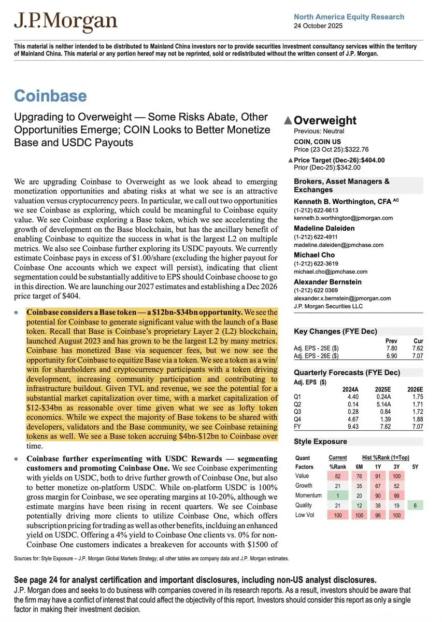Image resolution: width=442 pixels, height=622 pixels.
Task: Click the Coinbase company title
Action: click(x=50, y=96)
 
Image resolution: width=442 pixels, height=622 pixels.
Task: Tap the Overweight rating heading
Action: click(x=325, y=120)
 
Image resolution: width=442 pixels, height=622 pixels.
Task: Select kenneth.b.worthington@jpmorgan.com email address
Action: click(x=344, y=218)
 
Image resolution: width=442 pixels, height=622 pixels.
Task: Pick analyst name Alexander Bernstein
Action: click(x=327, y=281)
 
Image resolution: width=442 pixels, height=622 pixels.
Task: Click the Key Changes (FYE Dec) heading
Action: click(x=335, y=332)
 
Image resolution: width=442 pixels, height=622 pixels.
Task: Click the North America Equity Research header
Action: click(x=349, y=17)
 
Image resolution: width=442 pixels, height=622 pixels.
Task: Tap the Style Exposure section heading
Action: click(x=320, y=442)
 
